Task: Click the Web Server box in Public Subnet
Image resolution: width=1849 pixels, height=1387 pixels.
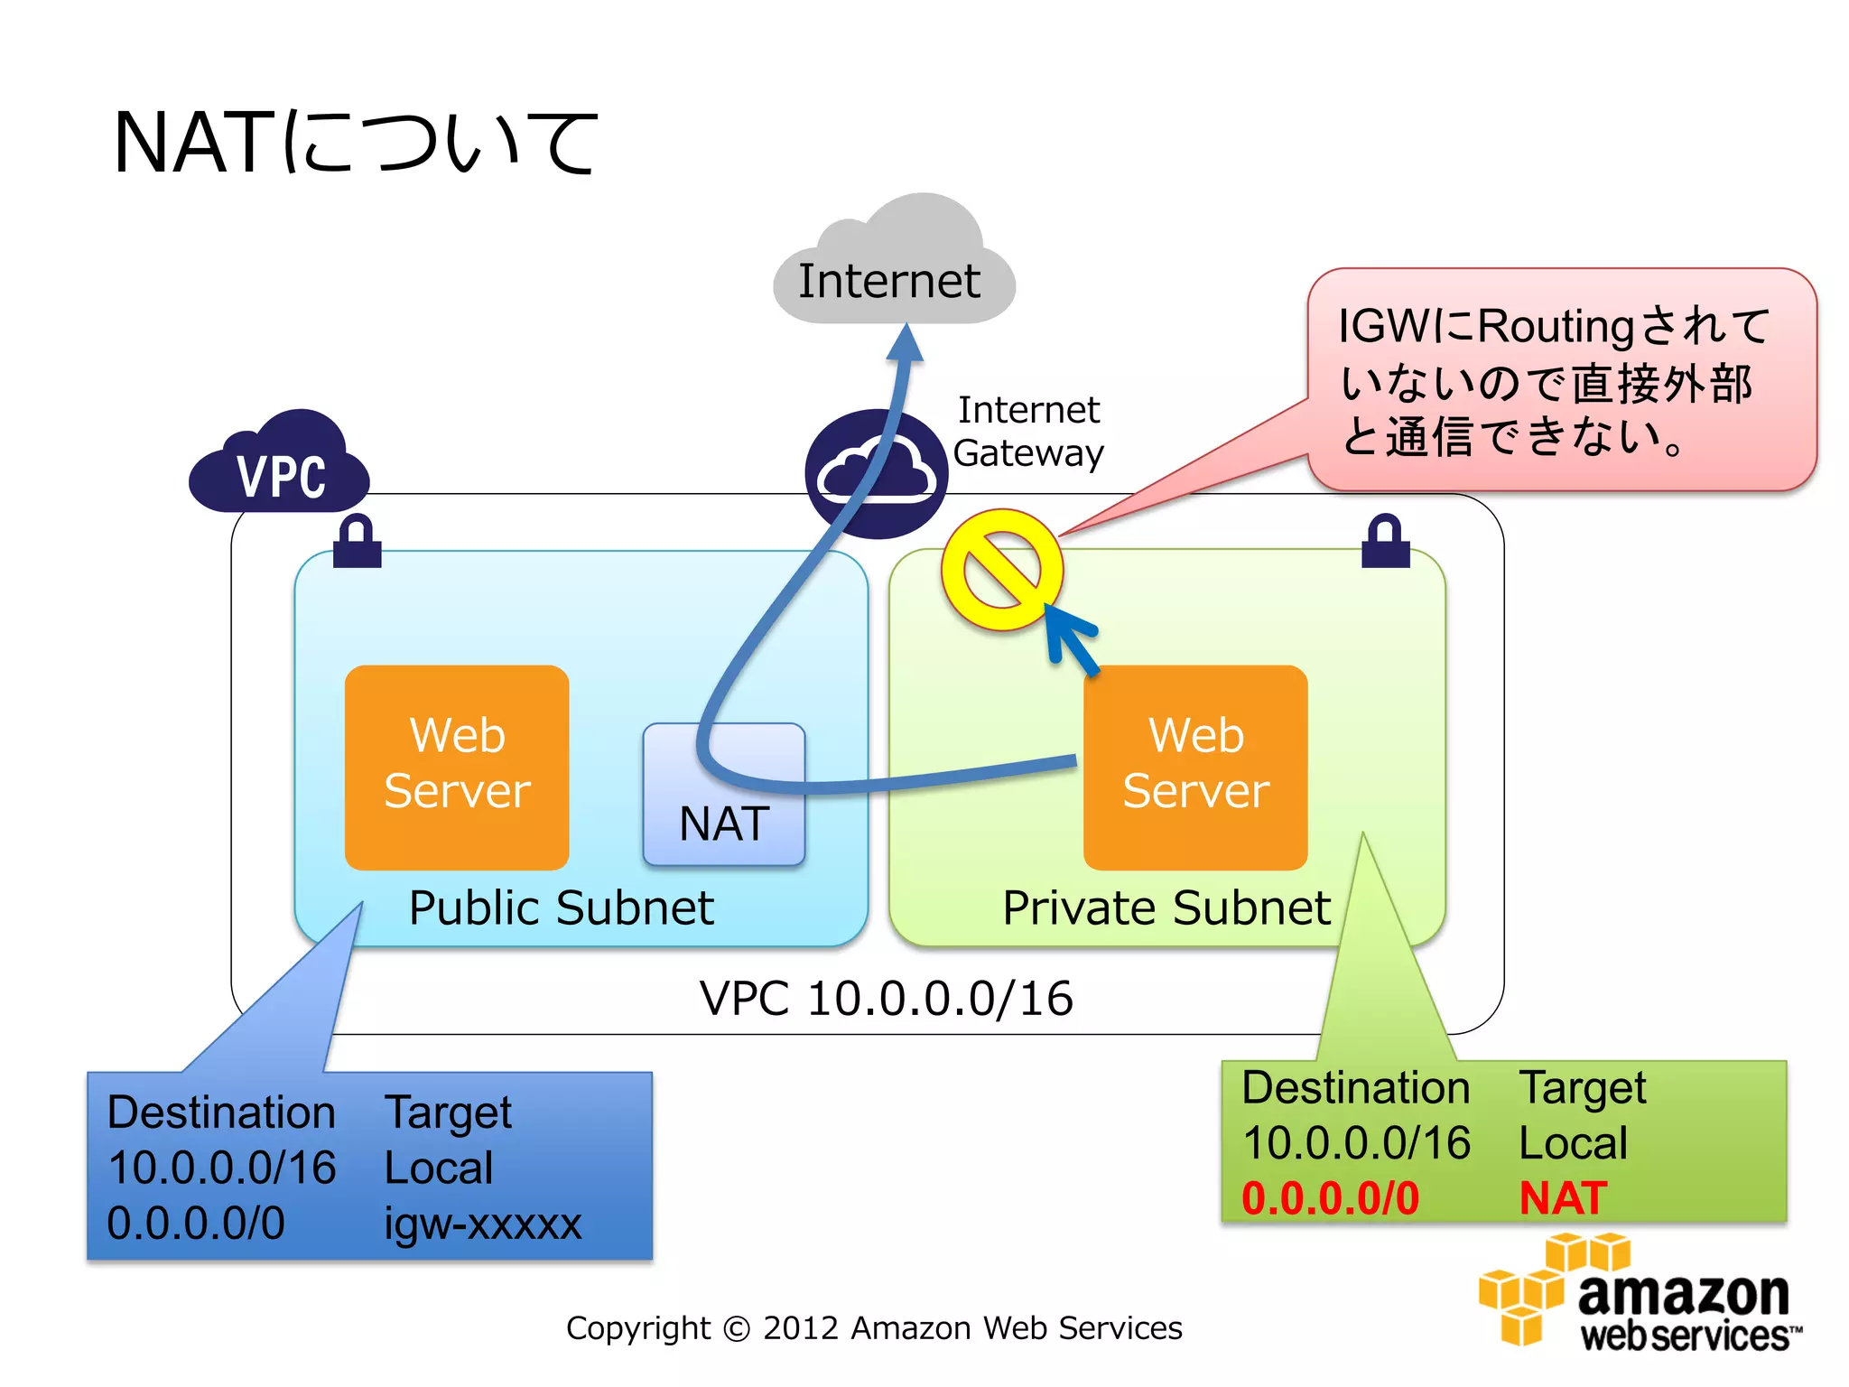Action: pyautogui.click(x=457, y=768)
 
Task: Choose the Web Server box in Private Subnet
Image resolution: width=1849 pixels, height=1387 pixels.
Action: pyautogui.click(x=1195, y=768)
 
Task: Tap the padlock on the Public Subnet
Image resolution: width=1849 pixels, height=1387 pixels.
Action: pyautogui.click(x=357, y=542)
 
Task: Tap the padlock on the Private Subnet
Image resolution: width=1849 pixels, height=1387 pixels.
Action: pyautogui.click(x=1385, y=542)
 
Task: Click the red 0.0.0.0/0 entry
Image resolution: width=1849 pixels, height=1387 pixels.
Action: pyautogui.click(x=1330, y=1198)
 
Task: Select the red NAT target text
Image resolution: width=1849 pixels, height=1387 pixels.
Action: pyautogui.click(x=1563, y=1198)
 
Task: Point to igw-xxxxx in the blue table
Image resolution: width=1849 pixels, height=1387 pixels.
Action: pyautogui.click(x=483, y=1224)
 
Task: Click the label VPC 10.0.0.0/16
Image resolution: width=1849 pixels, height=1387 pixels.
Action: pyautogui.click(x=886, y=999)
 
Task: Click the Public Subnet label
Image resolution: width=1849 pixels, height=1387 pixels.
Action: pyautogui.click(x=561, y=908)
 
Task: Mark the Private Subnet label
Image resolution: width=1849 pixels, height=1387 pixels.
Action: pyautogui.click(x=1166, y=908)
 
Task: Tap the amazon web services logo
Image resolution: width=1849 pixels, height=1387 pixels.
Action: pyautogui.click(x=1639, y=1296)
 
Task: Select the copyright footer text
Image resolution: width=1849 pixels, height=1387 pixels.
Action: pyautogui.click(x=874, y=1327)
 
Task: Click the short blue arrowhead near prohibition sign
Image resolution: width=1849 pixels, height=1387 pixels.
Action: pyautogui.click(x=1065, y=628)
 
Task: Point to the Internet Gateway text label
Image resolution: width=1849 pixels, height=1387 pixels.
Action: pyautogui.click(x=1028, y=432)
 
